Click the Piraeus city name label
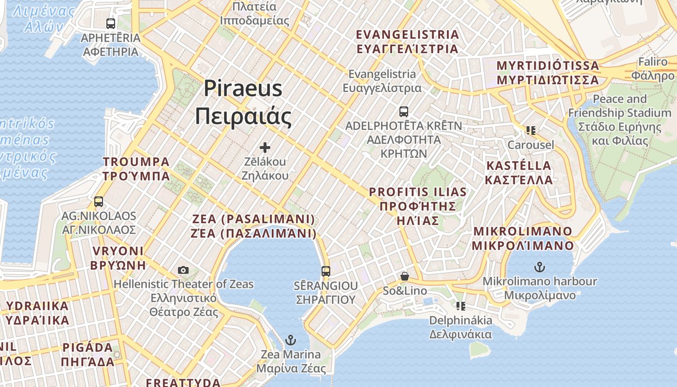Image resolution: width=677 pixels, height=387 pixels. point(243,102)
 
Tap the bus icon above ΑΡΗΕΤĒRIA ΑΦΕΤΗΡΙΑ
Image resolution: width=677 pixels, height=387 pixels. point(111,23)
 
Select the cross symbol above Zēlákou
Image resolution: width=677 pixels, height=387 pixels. point(265,148)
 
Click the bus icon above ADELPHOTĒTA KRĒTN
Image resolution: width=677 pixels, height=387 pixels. point(404,112)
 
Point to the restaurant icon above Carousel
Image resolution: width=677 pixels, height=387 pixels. point(531,131)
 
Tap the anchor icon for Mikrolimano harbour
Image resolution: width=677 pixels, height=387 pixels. point(540,267)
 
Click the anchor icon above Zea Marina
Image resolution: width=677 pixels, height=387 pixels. point(291,340)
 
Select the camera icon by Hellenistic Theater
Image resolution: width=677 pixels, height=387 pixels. point(183,270)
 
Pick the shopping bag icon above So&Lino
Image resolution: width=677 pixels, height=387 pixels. point(405,276)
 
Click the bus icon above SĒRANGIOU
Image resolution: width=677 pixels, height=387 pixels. point(326,271)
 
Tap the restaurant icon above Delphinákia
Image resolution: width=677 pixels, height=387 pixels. point(460,306)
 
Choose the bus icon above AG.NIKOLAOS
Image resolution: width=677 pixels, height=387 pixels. point(99,202)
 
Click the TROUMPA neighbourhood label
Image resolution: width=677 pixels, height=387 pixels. point(136,168)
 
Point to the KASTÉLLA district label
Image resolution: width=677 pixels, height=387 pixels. point(519,173)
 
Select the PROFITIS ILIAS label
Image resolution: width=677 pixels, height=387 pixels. point(418,206)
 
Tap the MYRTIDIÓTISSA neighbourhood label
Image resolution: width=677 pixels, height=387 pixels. point(548,73)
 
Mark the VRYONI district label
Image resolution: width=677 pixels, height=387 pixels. point(118,258)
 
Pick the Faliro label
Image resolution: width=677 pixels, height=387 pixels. point(653,69)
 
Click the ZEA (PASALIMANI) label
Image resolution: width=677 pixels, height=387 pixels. point(254,226)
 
